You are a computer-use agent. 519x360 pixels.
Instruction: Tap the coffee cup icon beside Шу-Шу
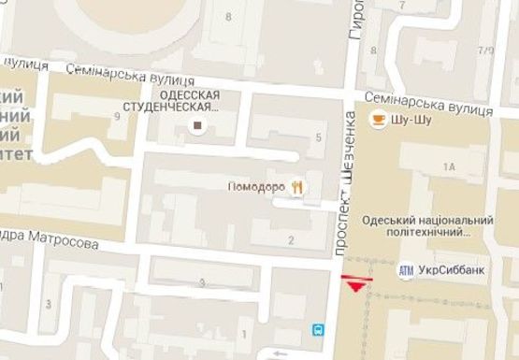[x=378, y=118]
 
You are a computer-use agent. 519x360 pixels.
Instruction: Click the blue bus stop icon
[x=319, y=330]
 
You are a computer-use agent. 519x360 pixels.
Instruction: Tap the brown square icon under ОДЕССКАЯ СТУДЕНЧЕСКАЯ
[x=197, y=125]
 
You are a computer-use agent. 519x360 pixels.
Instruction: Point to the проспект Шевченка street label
[x=345, y=183]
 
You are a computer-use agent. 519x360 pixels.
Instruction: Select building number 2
[x=292, y=240]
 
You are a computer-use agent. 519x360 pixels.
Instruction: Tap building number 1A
[x=448, y=166]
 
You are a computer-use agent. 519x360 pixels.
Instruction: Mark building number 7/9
[x=484, y=50]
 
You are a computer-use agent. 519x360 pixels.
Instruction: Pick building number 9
[x=117, y=116]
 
